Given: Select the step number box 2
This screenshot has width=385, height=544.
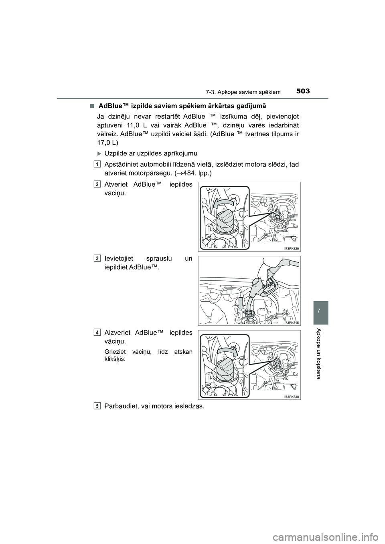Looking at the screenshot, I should [98, 184].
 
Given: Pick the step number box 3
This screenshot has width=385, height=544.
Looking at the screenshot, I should [98, 258].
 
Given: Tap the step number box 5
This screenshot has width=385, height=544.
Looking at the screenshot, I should [98, 406].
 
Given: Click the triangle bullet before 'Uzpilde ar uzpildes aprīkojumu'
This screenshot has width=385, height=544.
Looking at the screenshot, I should [99, 153].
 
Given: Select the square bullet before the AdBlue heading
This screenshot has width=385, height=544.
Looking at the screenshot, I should [92, 106].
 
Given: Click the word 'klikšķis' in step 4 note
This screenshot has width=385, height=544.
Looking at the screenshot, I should [114, 359].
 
